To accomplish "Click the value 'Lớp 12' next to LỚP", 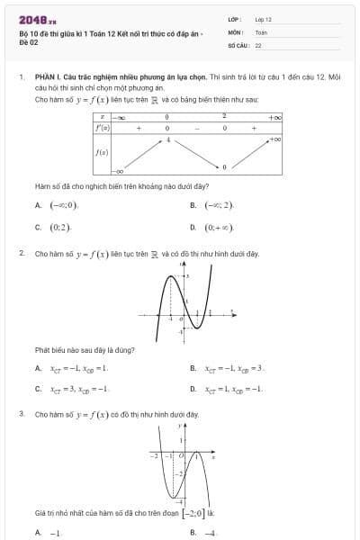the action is click(x=264, y=18).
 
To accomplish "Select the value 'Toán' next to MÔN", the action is click(x=261, y=31).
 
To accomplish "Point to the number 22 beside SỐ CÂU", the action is click(x=258, y=43).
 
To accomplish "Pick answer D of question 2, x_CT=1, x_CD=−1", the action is click(x=233, y=389).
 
